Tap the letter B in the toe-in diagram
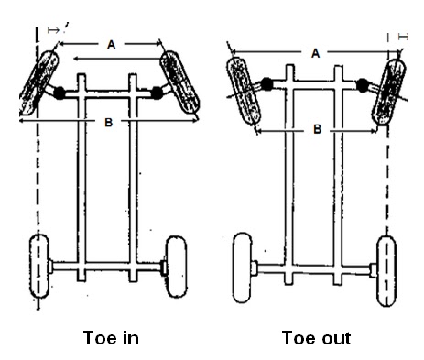coord(108,123)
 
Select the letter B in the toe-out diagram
coord(316,130)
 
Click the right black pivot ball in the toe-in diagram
coord(157,93)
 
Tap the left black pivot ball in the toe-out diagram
coord(267,85)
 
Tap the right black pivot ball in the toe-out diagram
coord(364,86)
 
